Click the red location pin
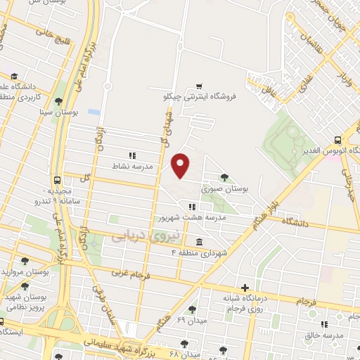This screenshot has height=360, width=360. [181, 165]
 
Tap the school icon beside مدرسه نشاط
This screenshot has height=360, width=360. [131, 155]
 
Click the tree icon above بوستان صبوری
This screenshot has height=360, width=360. [224, 177]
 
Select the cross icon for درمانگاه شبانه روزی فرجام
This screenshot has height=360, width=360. [245, 287]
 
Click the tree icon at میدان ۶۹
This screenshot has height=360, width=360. [192, 309]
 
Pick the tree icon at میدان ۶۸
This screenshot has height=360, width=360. [184, 344]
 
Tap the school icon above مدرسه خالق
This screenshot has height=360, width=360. [324, 324]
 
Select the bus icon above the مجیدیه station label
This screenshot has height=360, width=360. [57, 179]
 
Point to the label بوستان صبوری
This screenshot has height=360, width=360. [221, 189]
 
